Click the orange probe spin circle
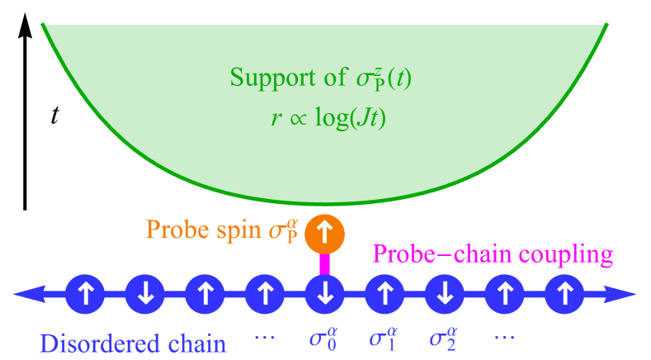coord(324,234)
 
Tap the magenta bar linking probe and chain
coord(324,263)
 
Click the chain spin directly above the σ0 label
coord(324,293)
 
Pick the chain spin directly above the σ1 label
coord(384,293)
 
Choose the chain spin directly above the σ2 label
coord(445,293)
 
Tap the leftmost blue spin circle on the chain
coord(85,293)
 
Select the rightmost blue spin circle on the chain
coord(564,293)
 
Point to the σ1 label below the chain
coord(383,339)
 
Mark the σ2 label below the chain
coord(443,339)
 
